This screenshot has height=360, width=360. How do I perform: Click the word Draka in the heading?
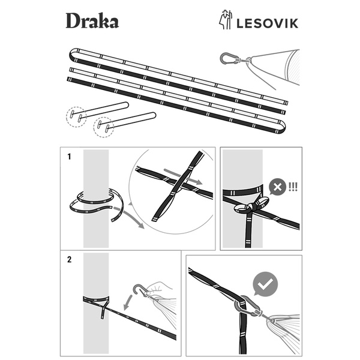coord(92,22)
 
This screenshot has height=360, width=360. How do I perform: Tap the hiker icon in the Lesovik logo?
coord(225,20)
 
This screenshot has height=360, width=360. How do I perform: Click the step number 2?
coord(70,260)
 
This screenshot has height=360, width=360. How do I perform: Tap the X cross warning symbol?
coord(277,187)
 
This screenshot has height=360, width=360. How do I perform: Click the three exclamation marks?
coord(293,186)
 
